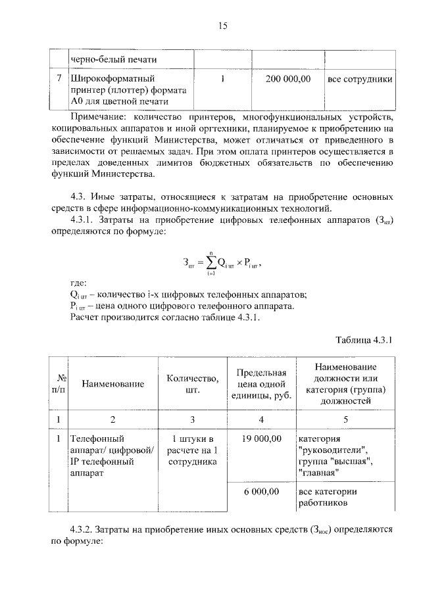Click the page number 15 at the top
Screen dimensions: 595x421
pos(222,26)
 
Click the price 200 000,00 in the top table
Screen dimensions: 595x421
pos(287,80)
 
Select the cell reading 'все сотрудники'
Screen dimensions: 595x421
pos(360,80)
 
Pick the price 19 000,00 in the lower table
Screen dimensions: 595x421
pos(261,438)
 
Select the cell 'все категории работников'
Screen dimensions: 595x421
pos(327,497)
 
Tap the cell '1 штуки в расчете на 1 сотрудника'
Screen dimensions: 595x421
pos(192,450)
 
